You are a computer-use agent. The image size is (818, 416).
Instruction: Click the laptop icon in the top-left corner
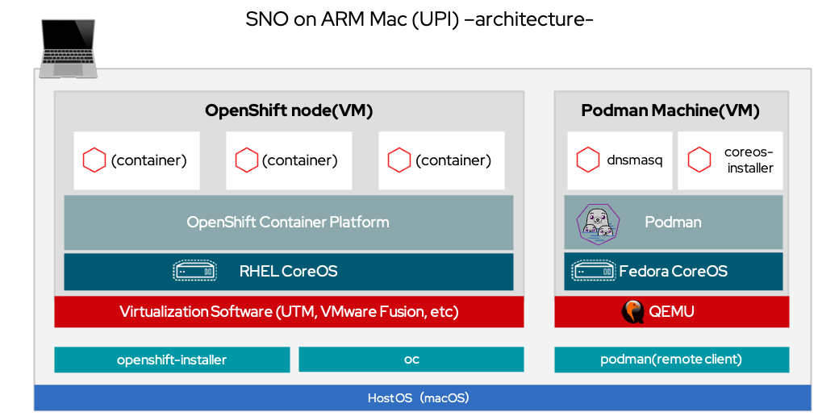tap(68, 49)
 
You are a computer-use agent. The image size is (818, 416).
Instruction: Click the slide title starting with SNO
tap(419, 19)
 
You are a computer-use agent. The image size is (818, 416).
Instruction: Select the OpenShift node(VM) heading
tap(289, 110)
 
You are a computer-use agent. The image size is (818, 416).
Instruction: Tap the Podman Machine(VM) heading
tap(670, 110)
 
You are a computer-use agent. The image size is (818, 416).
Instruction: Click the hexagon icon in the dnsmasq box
tap(587, 160)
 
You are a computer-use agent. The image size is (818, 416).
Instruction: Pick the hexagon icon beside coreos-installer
tap(699, 160)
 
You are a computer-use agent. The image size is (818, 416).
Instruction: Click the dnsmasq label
tap(634, 160)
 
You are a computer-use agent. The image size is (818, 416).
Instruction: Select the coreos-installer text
tap(749, 160)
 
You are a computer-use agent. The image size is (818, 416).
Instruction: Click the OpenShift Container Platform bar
tap(288, 222)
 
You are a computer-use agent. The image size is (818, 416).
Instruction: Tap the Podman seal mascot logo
tap(598, 223)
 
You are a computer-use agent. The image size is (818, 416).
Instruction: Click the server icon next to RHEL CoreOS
tap(195, 271)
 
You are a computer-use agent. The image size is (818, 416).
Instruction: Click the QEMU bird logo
tap(632, 311)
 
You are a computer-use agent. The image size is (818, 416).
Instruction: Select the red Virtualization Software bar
tap(289, 311)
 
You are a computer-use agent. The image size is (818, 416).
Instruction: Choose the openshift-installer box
tap(172, 360)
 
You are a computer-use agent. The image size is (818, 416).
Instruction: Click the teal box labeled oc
tap(411, 360)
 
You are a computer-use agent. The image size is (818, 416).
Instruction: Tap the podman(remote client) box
tap(671, 360)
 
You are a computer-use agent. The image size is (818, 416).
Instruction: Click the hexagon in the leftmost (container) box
tap(94, 160)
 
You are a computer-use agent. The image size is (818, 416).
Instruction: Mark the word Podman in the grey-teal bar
tap(673, 222)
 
